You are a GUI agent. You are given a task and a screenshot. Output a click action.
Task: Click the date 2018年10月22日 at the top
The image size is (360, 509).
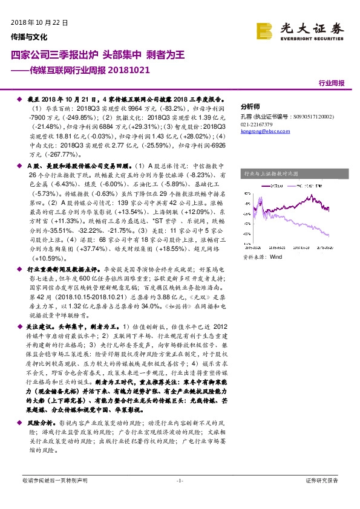click(x=40, y=22)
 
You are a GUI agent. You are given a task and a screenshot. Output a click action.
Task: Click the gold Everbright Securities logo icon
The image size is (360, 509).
click(x=264, y=30)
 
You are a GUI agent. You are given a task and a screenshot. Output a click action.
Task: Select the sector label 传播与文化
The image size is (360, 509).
click(x=29, y=36)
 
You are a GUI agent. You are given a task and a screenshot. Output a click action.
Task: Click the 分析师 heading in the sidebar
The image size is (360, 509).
click(x=250, y=104)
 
